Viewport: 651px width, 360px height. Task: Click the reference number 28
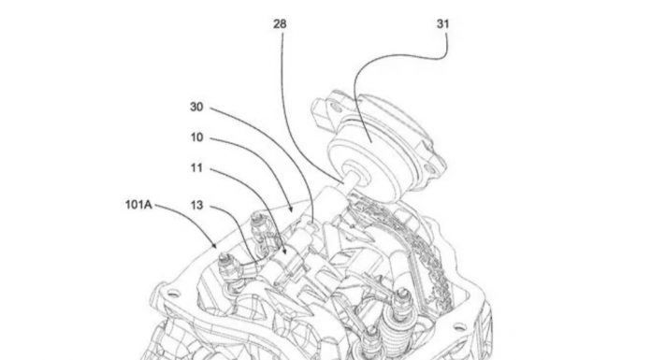coord(280,24)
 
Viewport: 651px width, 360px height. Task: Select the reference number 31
coord(443,24)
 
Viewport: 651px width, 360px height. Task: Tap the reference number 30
coord(196,107)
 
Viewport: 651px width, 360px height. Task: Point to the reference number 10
coord(196,137)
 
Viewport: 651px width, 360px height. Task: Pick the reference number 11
coord(196,167)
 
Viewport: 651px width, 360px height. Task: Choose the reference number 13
coord(196,205)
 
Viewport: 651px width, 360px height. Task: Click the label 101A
coord(138,204)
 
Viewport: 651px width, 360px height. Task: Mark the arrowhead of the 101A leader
coord(214,245)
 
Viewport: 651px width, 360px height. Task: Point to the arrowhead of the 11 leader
coord(284,251)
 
